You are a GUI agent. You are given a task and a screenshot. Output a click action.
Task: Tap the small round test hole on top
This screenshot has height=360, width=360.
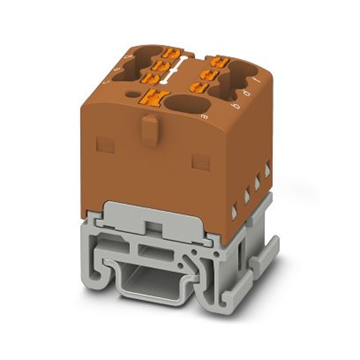pos(133,95)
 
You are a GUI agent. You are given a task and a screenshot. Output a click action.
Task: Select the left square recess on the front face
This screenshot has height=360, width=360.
pos(105,145)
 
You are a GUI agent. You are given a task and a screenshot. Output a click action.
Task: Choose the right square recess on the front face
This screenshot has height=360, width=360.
pos(201,162)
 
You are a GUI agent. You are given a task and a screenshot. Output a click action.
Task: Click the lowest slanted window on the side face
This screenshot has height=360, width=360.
pos(234,212)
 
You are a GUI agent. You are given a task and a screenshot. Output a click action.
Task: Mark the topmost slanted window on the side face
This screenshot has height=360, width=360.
pos(267,170)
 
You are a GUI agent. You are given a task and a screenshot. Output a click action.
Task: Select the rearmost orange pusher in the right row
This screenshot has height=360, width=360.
pos(219,62)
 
